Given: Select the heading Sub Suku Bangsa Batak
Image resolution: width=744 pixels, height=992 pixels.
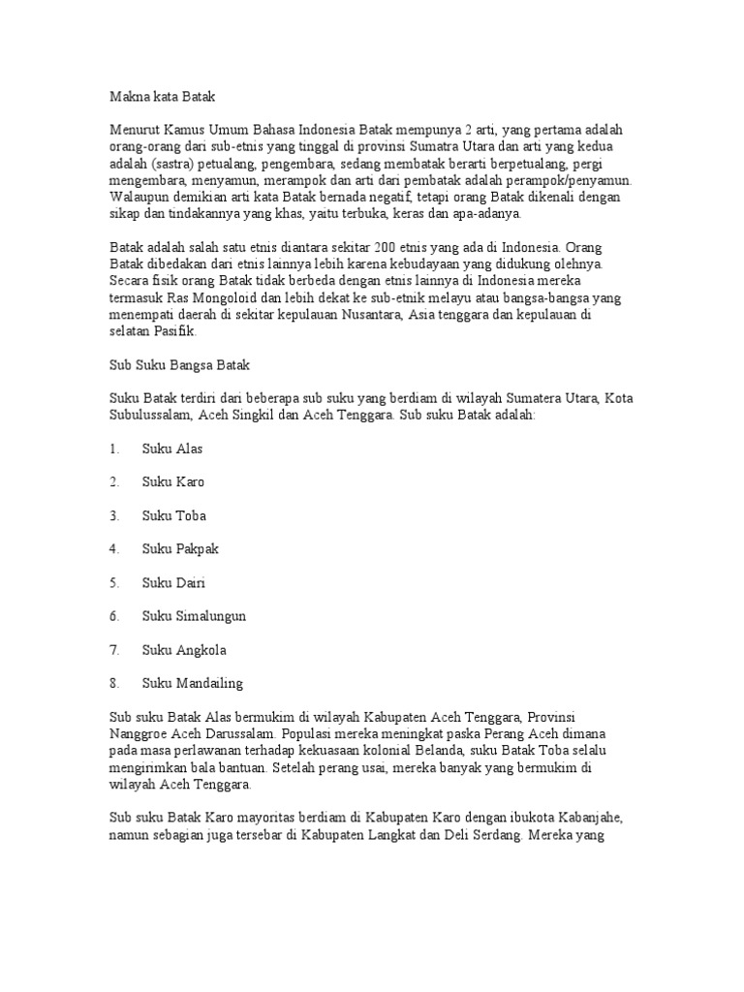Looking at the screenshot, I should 177,365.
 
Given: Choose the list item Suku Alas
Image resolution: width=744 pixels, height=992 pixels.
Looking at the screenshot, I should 172,449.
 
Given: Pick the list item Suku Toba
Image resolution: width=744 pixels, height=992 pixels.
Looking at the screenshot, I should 174,515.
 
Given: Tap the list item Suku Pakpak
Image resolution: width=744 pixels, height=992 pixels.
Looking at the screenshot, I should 180,548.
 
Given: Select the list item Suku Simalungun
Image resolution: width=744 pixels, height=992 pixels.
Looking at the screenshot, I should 194,615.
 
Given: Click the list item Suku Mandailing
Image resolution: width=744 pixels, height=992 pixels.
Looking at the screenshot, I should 193,682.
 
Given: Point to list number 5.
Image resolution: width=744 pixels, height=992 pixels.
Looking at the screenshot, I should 113,582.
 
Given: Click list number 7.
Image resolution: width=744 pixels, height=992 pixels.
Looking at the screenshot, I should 113,649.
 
